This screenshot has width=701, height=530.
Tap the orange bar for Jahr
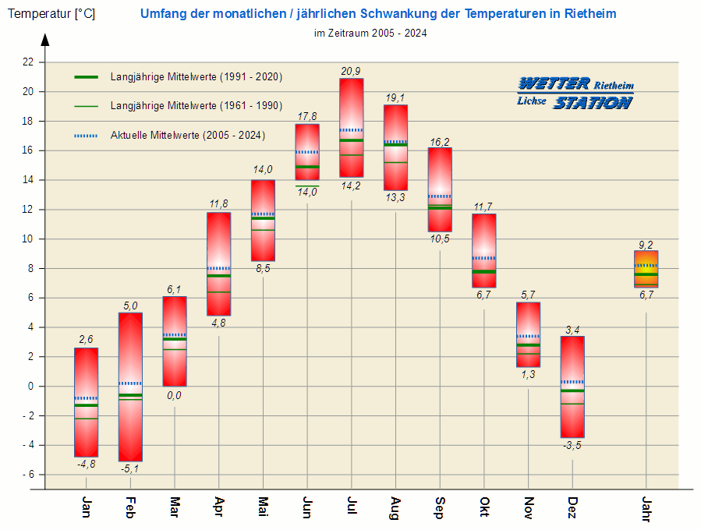(x=646, y=269)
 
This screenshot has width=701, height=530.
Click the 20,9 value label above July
(x=351, y=72)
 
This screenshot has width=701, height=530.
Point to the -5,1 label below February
(x=130, y=469)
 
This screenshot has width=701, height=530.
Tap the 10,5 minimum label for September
(x=440, y=238)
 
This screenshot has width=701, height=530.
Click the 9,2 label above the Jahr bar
(x=646, y=244)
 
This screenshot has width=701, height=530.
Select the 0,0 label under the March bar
(x=174, y=395)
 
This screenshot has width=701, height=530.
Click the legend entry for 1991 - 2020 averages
(x=196, y=77)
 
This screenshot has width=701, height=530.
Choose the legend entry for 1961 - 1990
(x=196, y=106)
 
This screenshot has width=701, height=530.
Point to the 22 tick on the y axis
(x=28, y=62)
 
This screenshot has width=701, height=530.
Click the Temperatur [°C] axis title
(x=51, y=14)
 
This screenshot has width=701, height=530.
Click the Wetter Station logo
(x=575, y=93)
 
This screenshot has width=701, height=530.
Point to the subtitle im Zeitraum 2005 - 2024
(x=370, y=34)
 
